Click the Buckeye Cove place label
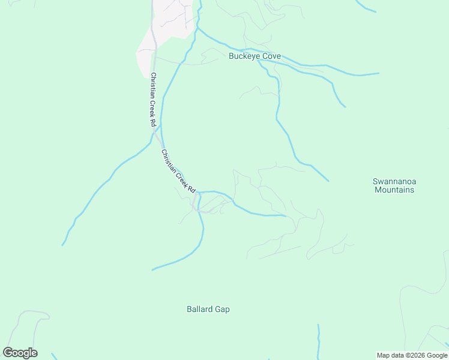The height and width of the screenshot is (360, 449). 255,56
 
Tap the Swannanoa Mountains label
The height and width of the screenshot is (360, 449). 394,185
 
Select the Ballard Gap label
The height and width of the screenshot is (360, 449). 208,310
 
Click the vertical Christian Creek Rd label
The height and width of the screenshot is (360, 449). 154,99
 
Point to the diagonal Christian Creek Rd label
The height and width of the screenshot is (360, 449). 179,171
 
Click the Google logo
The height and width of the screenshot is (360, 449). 20,353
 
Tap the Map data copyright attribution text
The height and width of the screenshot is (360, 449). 411,355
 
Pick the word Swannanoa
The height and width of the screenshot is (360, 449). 394,181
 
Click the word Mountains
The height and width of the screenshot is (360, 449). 394,190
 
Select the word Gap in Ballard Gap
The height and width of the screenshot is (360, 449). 222,310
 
